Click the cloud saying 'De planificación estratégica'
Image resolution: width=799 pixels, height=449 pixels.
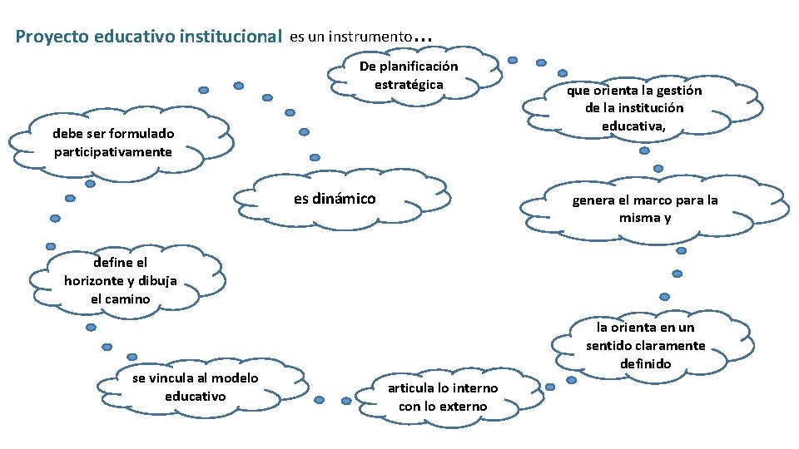point(409,76)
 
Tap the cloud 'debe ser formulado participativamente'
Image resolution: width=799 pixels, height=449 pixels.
point(113,142)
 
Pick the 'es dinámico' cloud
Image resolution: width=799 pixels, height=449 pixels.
point(335,199)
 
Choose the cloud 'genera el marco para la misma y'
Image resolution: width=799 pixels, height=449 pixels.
point(644,209)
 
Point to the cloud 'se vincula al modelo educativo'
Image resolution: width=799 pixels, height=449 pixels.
point(195,387)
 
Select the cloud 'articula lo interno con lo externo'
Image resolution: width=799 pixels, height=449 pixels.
point(443,397)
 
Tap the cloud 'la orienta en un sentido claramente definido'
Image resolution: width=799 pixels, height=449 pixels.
point(645,345)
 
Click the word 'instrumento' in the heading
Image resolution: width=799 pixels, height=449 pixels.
point(370,37)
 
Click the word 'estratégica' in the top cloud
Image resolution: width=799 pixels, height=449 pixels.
point(409,85)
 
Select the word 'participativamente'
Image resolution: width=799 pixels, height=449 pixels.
point(113,151)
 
